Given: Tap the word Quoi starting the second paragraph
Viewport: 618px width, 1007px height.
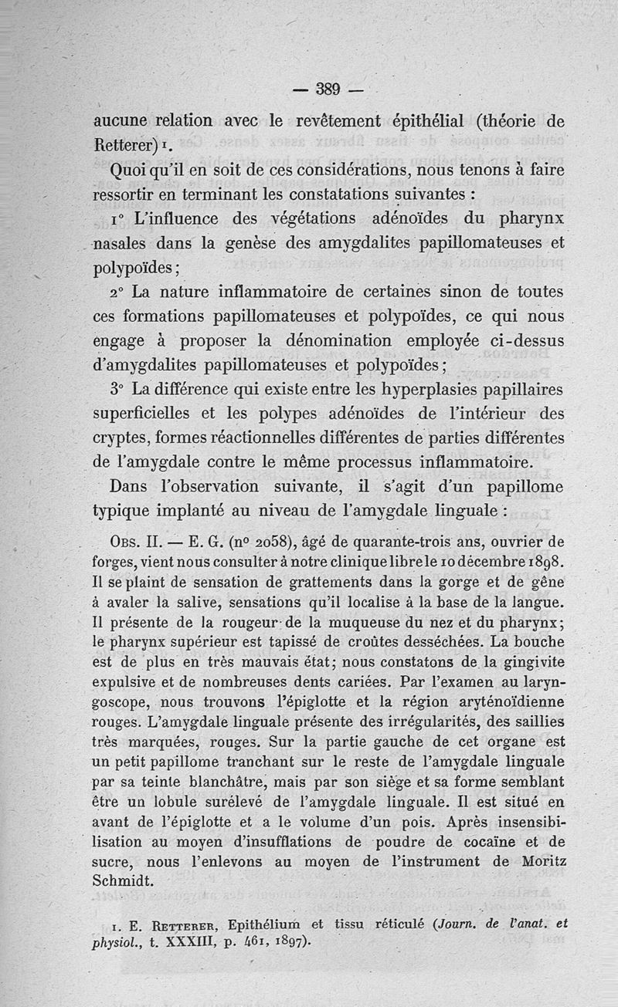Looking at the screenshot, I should coord(134,170).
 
